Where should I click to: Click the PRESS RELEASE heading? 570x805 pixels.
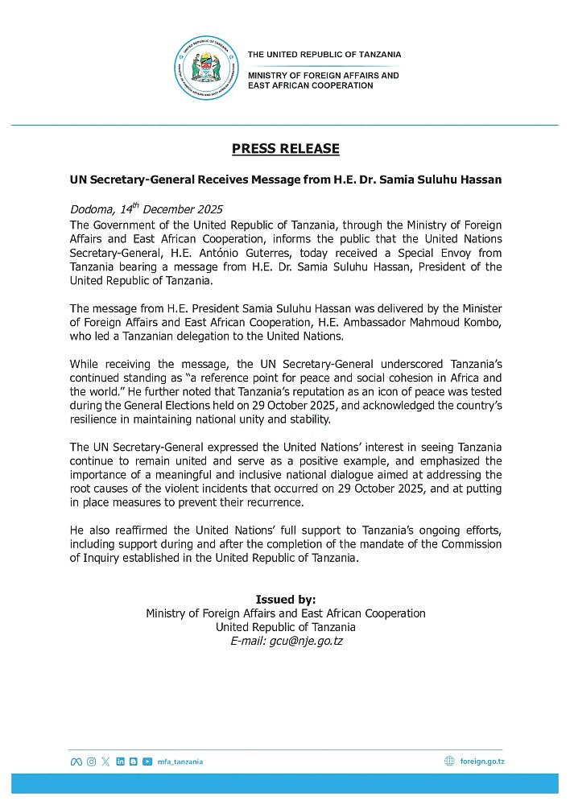click(285, 149)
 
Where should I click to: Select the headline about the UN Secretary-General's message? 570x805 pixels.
click(285, 180)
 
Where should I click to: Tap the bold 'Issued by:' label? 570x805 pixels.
click(285, 600)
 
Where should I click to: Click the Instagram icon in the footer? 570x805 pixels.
click(91, 762)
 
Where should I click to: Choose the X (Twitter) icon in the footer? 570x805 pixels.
click(105, 762)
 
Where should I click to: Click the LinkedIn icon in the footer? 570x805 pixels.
click(120, 762)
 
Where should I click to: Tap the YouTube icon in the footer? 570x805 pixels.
click(147, 762)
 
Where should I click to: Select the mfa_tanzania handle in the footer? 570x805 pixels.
click(180, 762)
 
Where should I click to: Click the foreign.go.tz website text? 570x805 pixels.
click(482, 762)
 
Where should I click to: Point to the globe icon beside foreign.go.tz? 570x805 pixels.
click(449, 762)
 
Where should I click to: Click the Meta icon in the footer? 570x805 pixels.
click(76, 762)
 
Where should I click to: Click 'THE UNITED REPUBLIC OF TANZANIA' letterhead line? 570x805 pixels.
click(324, 55)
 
